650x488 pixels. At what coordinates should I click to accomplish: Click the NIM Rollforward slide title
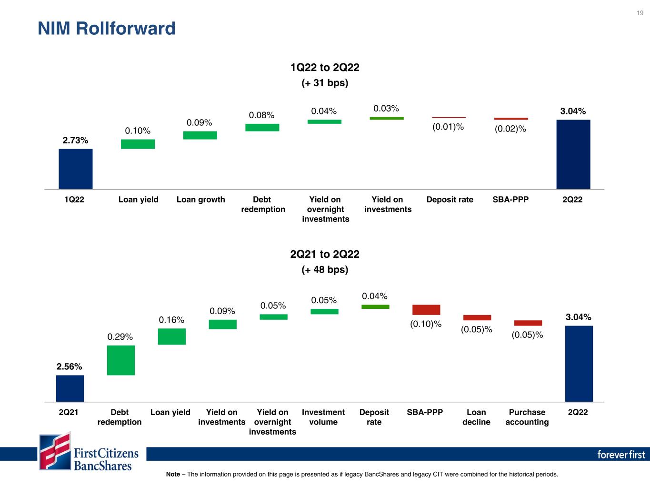[107, 29]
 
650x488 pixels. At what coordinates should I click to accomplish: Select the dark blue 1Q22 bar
[76, 169]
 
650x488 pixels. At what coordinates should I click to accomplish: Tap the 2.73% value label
[75, 140]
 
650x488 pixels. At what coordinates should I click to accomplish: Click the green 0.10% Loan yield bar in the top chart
[138, 144]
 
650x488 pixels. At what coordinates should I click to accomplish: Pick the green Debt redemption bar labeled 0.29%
[121, 360]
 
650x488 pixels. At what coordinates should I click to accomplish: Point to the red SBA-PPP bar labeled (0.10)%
[426, 310]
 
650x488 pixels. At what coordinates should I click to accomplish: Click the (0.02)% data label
[510, 129]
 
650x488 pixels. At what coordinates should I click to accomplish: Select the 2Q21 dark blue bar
[70, 388]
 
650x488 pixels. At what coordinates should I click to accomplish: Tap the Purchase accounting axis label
[527, 417]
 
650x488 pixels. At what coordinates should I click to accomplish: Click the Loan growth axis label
[201, 199]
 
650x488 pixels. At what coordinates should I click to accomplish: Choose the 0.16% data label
[171, 320]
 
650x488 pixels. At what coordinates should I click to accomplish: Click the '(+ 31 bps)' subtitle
[325, 82]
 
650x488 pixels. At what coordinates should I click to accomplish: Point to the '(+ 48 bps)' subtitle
[325, 270]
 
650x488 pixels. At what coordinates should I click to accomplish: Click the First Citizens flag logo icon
[55, 451]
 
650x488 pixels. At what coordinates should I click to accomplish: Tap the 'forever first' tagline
[621, 454]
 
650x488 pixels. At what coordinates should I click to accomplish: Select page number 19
[640, 13]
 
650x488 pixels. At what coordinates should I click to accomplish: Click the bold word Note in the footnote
[173, 474]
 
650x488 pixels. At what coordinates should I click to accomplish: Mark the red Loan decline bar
[477, 317]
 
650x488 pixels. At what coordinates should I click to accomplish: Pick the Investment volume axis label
[323, 417]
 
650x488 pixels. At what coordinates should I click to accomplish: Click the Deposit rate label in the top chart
[450, 199]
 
